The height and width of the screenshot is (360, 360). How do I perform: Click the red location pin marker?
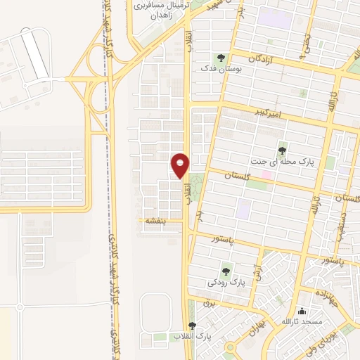point(180,165)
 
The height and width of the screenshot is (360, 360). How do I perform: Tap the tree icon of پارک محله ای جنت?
point(282,150)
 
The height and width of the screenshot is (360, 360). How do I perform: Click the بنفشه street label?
point(155,221)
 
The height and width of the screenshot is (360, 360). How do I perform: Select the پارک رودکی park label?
point(227,282)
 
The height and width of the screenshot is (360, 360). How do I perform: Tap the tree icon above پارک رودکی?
point(226,270)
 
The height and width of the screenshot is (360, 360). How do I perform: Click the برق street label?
point(207,303)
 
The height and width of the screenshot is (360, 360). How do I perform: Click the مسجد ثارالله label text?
point(302,322)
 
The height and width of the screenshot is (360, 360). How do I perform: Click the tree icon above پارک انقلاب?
point(192,326)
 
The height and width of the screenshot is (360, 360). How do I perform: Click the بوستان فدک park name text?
point(214,70)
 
